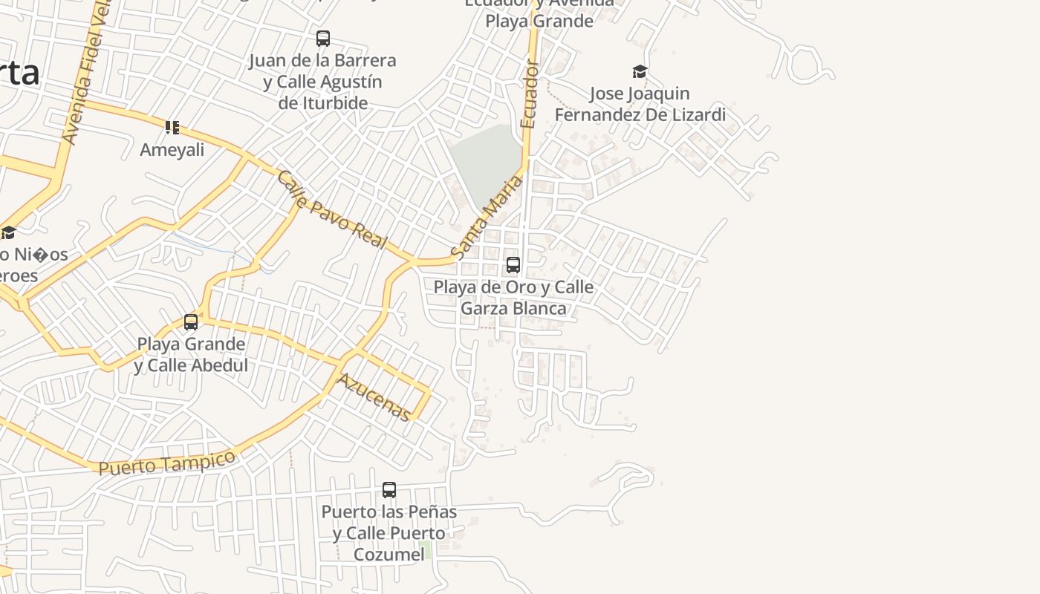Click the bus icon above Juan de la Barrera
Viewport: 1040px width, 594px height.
tap(322, 39)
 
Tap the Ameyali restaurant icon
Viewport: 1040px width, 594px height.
tap(172, 128)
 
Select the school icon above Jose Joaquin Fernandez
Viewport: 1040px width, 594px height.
tap(640, 72)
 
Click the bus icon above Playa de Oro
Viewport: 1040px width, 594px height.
tap(513, 265)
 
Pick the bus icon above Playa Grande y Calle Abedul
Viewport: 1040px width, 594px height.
tap(191, 322)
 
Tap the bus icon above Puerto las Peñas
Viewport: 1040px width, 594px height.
tap(389, 490)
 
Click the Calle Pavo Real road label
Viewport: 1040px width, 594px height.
tap(332, 210)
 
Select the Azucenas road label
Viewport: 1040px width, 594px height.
tap(374, 396)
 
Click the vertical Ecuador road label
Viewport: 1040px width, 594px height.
tap(529, 94)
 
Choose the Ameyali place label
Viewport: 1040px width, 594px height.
tap(172, 149)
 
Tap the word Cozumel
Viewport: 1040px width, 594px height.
tap(389, 554)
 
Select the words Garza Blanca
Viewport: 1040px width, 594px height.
tap(513, 308)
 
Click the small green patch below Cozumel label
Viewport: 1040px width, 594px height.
tap(425, 550)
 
